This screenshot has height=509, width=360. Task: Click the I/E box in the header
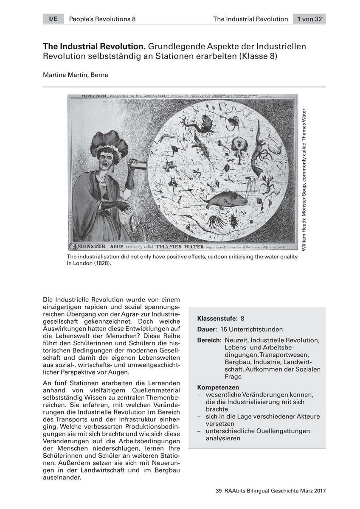53,19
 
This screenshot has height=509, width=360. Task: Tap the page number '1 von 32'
309,19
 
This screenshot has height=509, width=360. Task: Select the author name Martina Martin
76,75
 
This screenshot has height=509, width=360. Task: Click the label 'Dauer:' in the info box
207,329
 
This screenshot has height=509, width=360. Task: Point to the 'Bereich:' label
209,340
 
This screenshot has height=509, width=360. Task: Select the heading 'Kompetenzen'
218,387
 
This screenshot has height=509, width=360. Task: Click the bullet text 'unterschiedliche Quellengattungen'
258,431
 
